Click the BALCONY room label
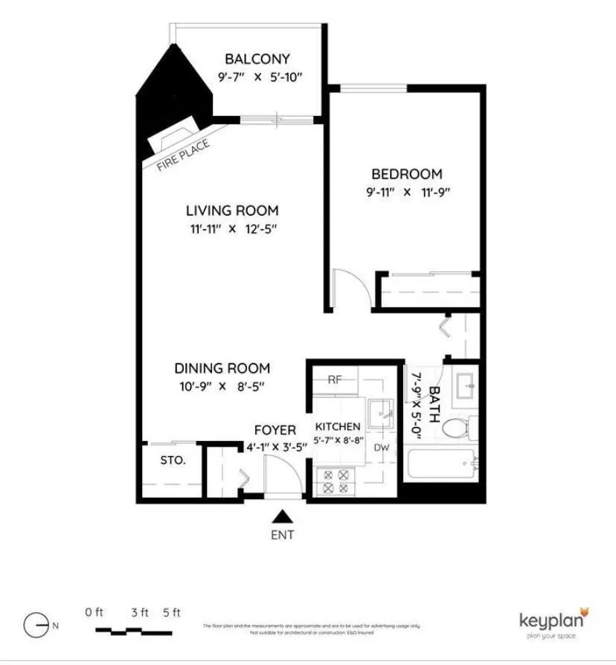pos(257,59)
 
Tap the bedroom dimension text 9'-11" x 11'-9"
pos(407,192)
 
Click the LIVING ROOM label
pos(232,211)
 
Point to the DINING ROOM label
pos(222,368)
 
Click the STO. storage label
pos(172,460)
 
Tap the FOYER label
pos(275,430)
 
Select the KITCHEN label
pos(338,427)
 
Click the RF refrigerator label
pos(335,379)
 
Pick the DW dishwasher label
pos(382,447)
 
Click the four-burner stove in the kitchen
pos(333,481)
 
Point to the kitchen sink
pos(382,411)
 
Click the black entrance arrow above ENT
pos(282,516)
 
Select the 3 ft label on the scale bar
pos(139,613)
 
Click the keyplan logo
pos(554,621)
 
